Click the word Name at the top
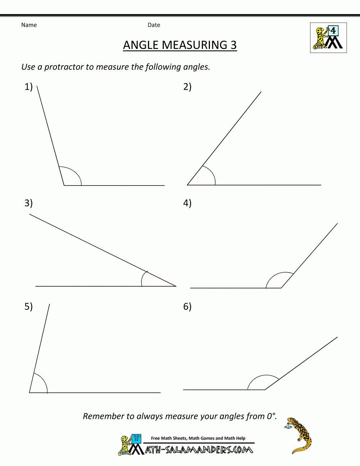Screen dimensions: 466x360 [29, 25]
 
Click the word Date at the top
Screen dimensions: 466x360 [154, 25]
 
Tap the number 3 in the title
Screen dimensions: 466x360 [233, 45]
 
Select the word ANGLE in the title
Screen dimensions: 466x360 [141, 45]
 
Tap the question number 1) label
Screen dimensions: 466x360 [28, 87]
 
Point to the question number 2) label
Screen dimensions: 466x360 [187, 87]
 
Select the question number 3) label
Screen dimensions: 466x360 [28, 203]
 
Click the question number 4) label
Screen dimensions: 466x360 [187, 203]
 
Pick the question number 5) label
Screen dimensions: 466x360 [28, 306]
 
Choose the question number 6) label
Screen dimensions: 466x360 [187, 306]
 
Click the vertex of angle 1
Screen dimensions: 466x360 [64, 185]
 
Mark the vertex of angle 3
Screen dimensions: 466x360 [176, 286]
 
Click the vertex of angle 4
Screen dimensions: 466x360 [281, 288]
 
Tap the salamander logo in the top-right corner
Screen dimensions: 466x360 [328, 38]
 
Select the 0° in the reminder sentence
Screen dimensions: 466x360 [271, 416]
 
